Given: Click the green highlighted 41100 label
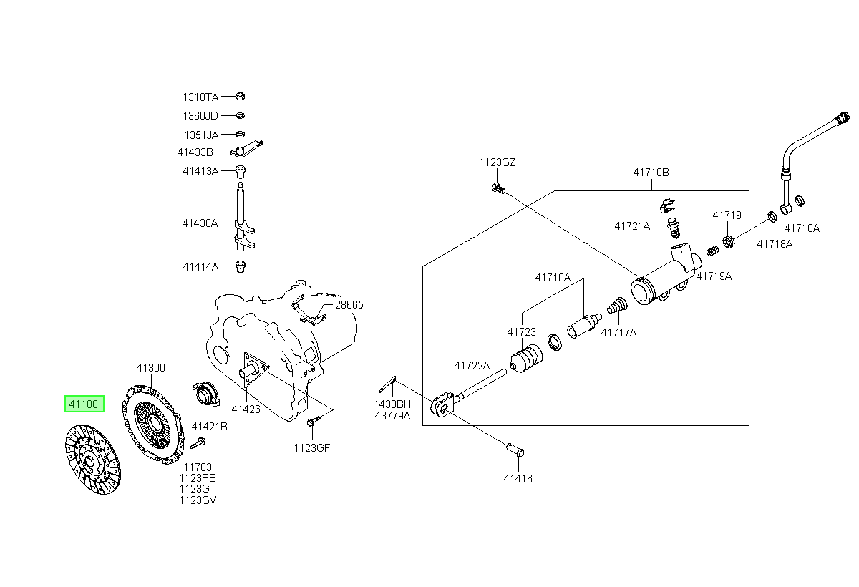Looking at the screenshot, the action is pos(84,404).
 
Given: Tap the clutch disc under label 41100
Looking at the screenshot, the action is pos(93,460).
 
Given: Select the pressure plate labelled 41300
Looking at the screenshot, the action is pos(152,425).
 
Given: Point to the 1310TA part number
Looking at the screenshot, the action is pos(200,97).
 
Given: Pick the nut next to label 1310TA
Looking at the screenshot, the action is pos(240,96).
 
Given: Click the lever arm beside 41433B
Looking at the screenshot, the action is pos(246,149).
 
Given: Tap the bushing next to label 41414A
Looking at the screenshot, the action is pos(241,266).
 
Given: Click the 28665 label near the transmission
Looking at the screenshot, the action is pos(349,305).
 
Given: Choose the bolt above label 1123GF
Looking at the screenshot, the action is pos(311,422).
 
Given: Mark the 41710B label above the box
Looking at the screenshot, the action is pos(651,173).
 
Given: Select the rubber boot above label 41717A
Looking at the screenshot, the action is pos(617,305).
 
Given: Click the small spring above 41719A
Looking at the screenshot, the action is pos(712,251).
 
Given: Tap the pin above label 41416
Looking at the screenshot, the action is pos(515,450).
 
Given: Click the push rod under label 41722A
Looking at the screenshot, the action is pos(482,384).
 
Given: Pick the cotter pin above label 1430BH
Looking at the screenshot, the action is pos(387,384).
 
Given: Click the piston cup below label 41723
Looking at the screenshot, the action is pos(526,359).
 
